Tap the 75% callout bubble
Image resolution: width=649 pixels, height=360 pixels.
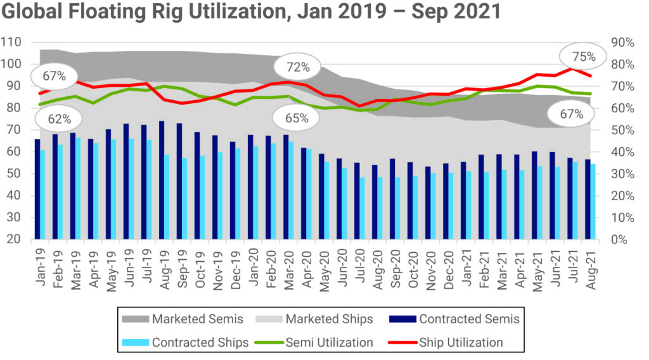(x=584, y=57)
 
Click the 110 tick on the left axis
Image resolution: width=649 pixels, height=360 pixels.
(x=12, y=42)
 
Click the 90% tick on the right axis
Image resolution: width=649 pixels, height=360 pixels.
(x=622, y=42)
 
